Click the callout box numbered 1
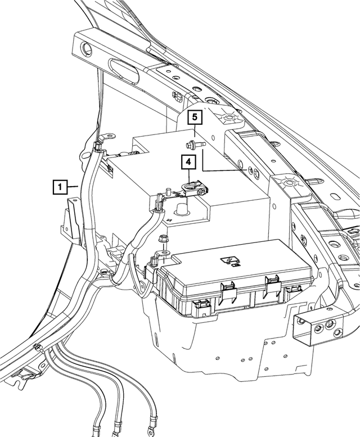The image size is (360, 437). [x=60, y=186]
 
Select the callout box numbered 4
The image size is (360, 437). [x=188, y=163]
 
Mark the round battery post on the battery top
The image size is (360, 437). [x=182, y=209]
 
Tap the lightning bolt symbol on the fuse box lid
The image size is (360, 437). [x=230, y=259]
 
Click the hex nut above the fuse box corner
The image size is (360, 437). [x=163, y=238]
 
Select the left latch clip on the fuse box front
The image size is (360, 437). [x=228, y=289]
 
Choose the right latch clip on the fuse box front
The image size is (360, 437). [x=273, y=283]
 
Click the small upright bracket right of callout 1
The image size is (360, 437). [x=70, y=216]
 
